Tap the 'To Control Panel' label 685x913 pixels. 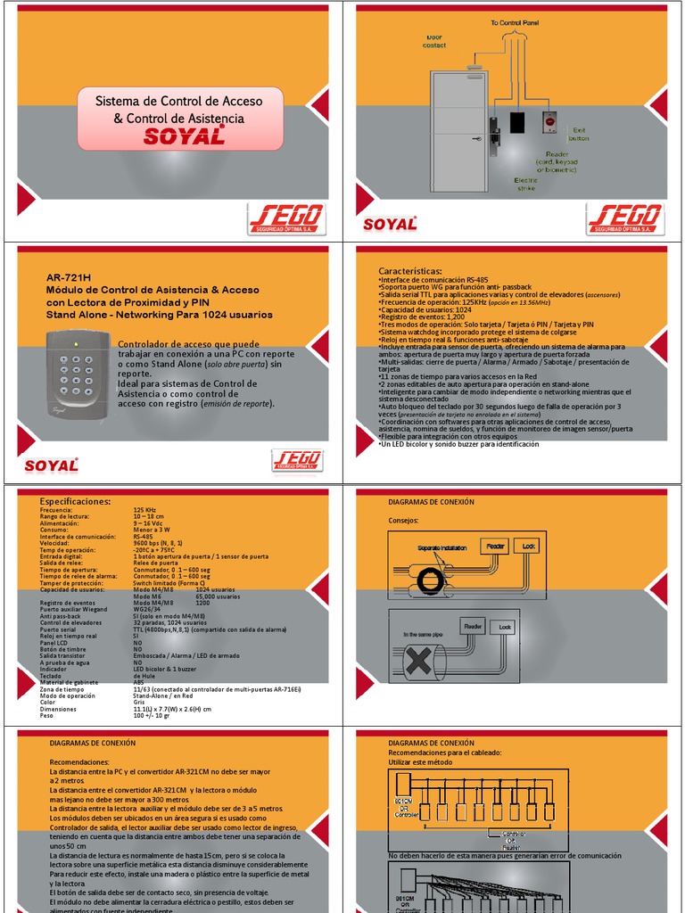point(514,22)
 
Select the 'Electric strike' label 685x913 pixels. point(526,184)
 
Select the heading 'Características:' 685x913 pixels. point(409,270)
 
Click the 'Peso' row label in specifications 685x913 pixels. point(46,716)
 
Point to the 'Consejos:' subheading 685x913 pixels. point(404,520)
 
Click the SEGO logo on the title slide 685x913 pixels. point(286,218)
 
